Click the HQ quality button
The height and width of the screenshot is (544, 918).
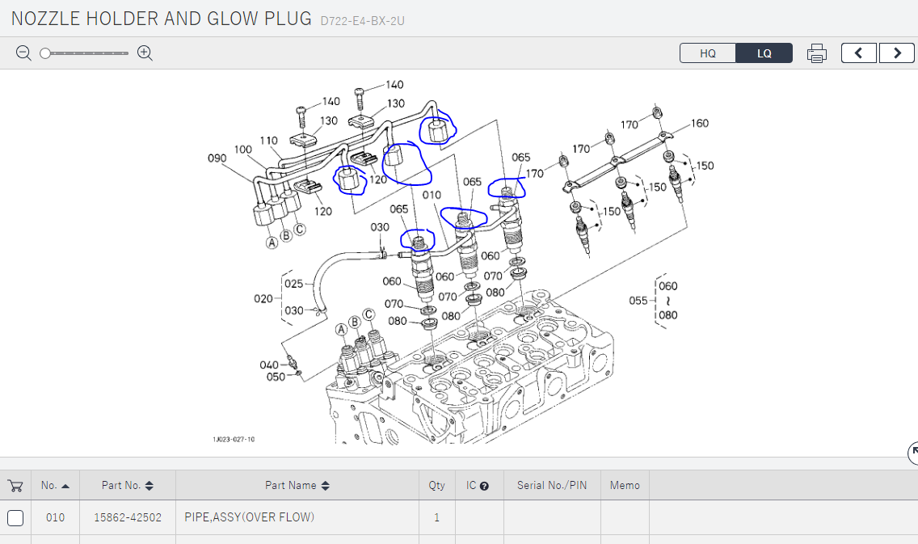(x=708, y=53)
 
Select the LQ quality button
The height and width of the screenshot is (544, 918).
(x=764, y=53)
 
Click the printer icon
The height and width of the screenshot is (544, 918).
(x=817, y=53)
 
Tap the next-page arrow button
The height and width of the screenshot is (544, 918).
(x=896, y=53)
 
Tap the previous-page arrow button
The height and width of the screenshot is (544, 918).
(x=858, y=53)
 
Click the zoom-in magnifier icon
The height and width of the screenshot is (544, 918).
(x=145, y=53)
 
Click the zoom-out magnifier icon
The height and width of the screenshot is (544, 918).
(x=24, y=53)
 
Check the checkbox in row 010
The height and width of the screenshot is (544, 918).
(x=15, y=517)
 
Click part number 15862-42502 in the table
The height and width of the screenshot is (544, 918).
(x=128, y=517)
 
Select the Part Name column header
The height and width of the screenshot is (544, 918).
(x=291, y=486)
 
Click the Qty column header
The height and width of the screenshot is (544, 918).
(x=436, y=486)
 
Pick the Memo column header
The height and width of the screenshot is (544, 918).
(x=625, y=486)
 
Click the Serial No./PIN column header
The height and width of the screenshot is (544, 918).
(x=552, y=486)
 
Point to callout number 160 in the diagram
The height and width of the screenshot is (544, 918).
(x=699, y=124)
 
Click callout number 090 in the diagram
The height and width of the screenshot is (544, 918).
(x=217, y=158)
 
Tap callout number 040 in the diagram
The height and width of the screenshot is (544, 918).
(x=269, y=365)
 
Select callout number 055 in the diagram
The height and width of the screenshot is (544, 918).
(x=638, y=301)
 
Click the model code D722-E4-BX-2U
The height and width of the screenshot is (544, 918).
(x=362, y=20)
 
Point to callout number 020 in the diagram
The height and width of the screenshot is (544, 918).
(x=263, y=298)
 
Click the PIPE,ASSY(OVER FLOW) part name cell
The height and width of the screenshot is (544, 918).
(x=250, y=517)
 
